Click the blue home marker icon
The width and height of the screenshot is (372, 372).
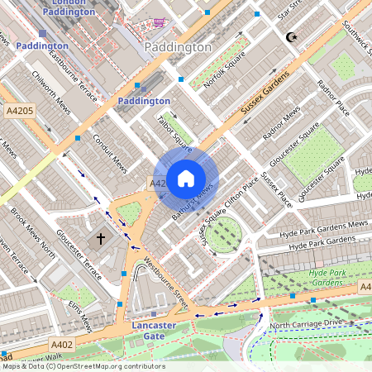(186, 178)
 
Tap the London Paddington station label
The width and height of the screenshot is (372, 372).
(68, 7)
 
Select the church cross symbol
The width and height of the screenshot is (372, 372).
(101, 239)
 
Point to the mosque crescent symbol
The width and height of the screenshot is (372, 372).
(290, 37)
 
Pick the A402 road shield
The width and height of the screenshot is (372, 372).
(62, 344)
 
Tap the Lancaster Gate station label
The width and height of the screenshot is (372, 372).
(153, 331)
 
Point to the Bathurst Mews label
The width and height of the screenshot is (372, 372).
(193, 197)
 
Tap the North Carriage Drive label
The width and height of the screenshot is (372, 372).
(305, 323)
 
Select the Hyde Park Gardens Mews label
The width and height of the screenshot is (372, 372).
(322, 229)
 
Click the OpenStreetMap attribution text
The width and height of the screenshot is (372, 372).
(83, 366)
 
